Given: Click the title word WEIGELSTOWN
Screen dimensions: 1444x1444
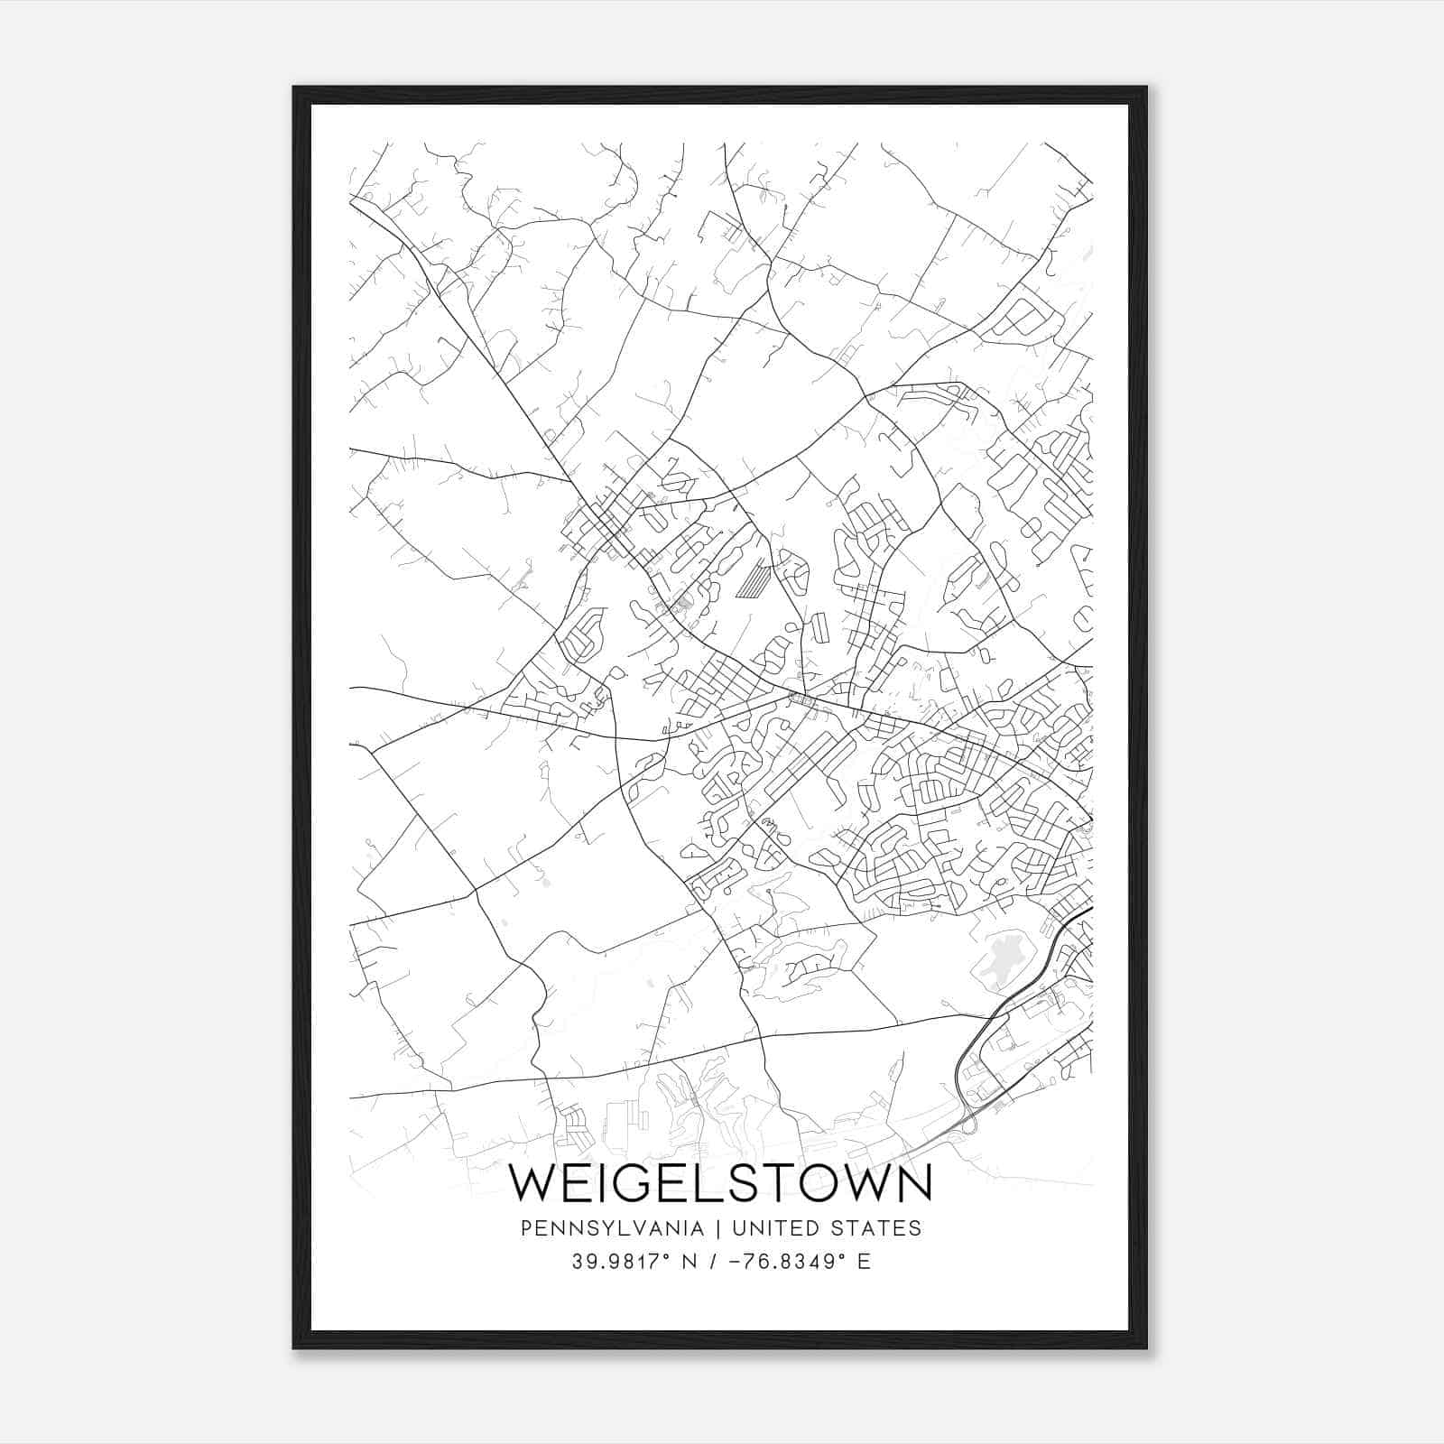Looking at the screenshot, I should tap(720, 1183).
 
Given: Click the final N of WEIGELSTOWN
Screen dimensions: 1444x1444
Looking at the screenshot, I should tap(914, 1183).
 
